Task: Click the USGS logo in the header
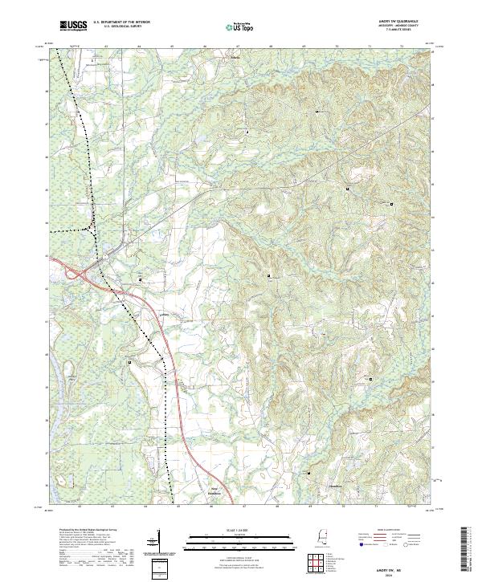coord(73,26)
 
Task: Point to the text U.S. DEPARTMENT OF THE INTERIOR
coord(121,23)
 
